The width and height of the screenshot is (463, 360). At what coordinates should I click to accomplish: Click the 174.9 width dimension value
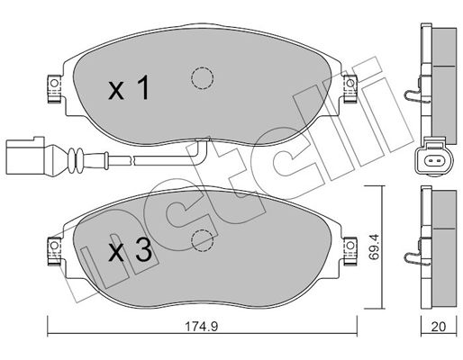point(201,326)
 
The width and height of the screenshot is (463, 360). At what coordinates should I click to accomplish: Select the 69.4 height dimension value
point(374,247)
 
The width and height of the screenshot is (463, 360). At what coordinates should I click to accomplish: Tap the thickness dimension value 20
point(439,327)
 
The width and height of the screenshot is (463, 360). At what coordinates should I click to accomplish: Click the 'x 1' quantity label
point(129,88)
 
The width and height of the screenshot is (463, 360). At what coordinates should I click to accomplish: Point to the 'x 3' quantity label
point(130,250)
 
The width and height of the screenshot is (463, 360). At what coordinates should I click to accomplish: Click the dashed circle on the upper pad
point(202,78)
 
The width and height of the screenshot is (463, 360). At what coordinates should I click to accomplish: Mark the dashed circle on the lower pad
point(202,241)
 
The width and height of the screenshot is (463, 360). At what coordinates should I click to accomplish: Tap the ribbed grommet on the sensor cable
point(76,160)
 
